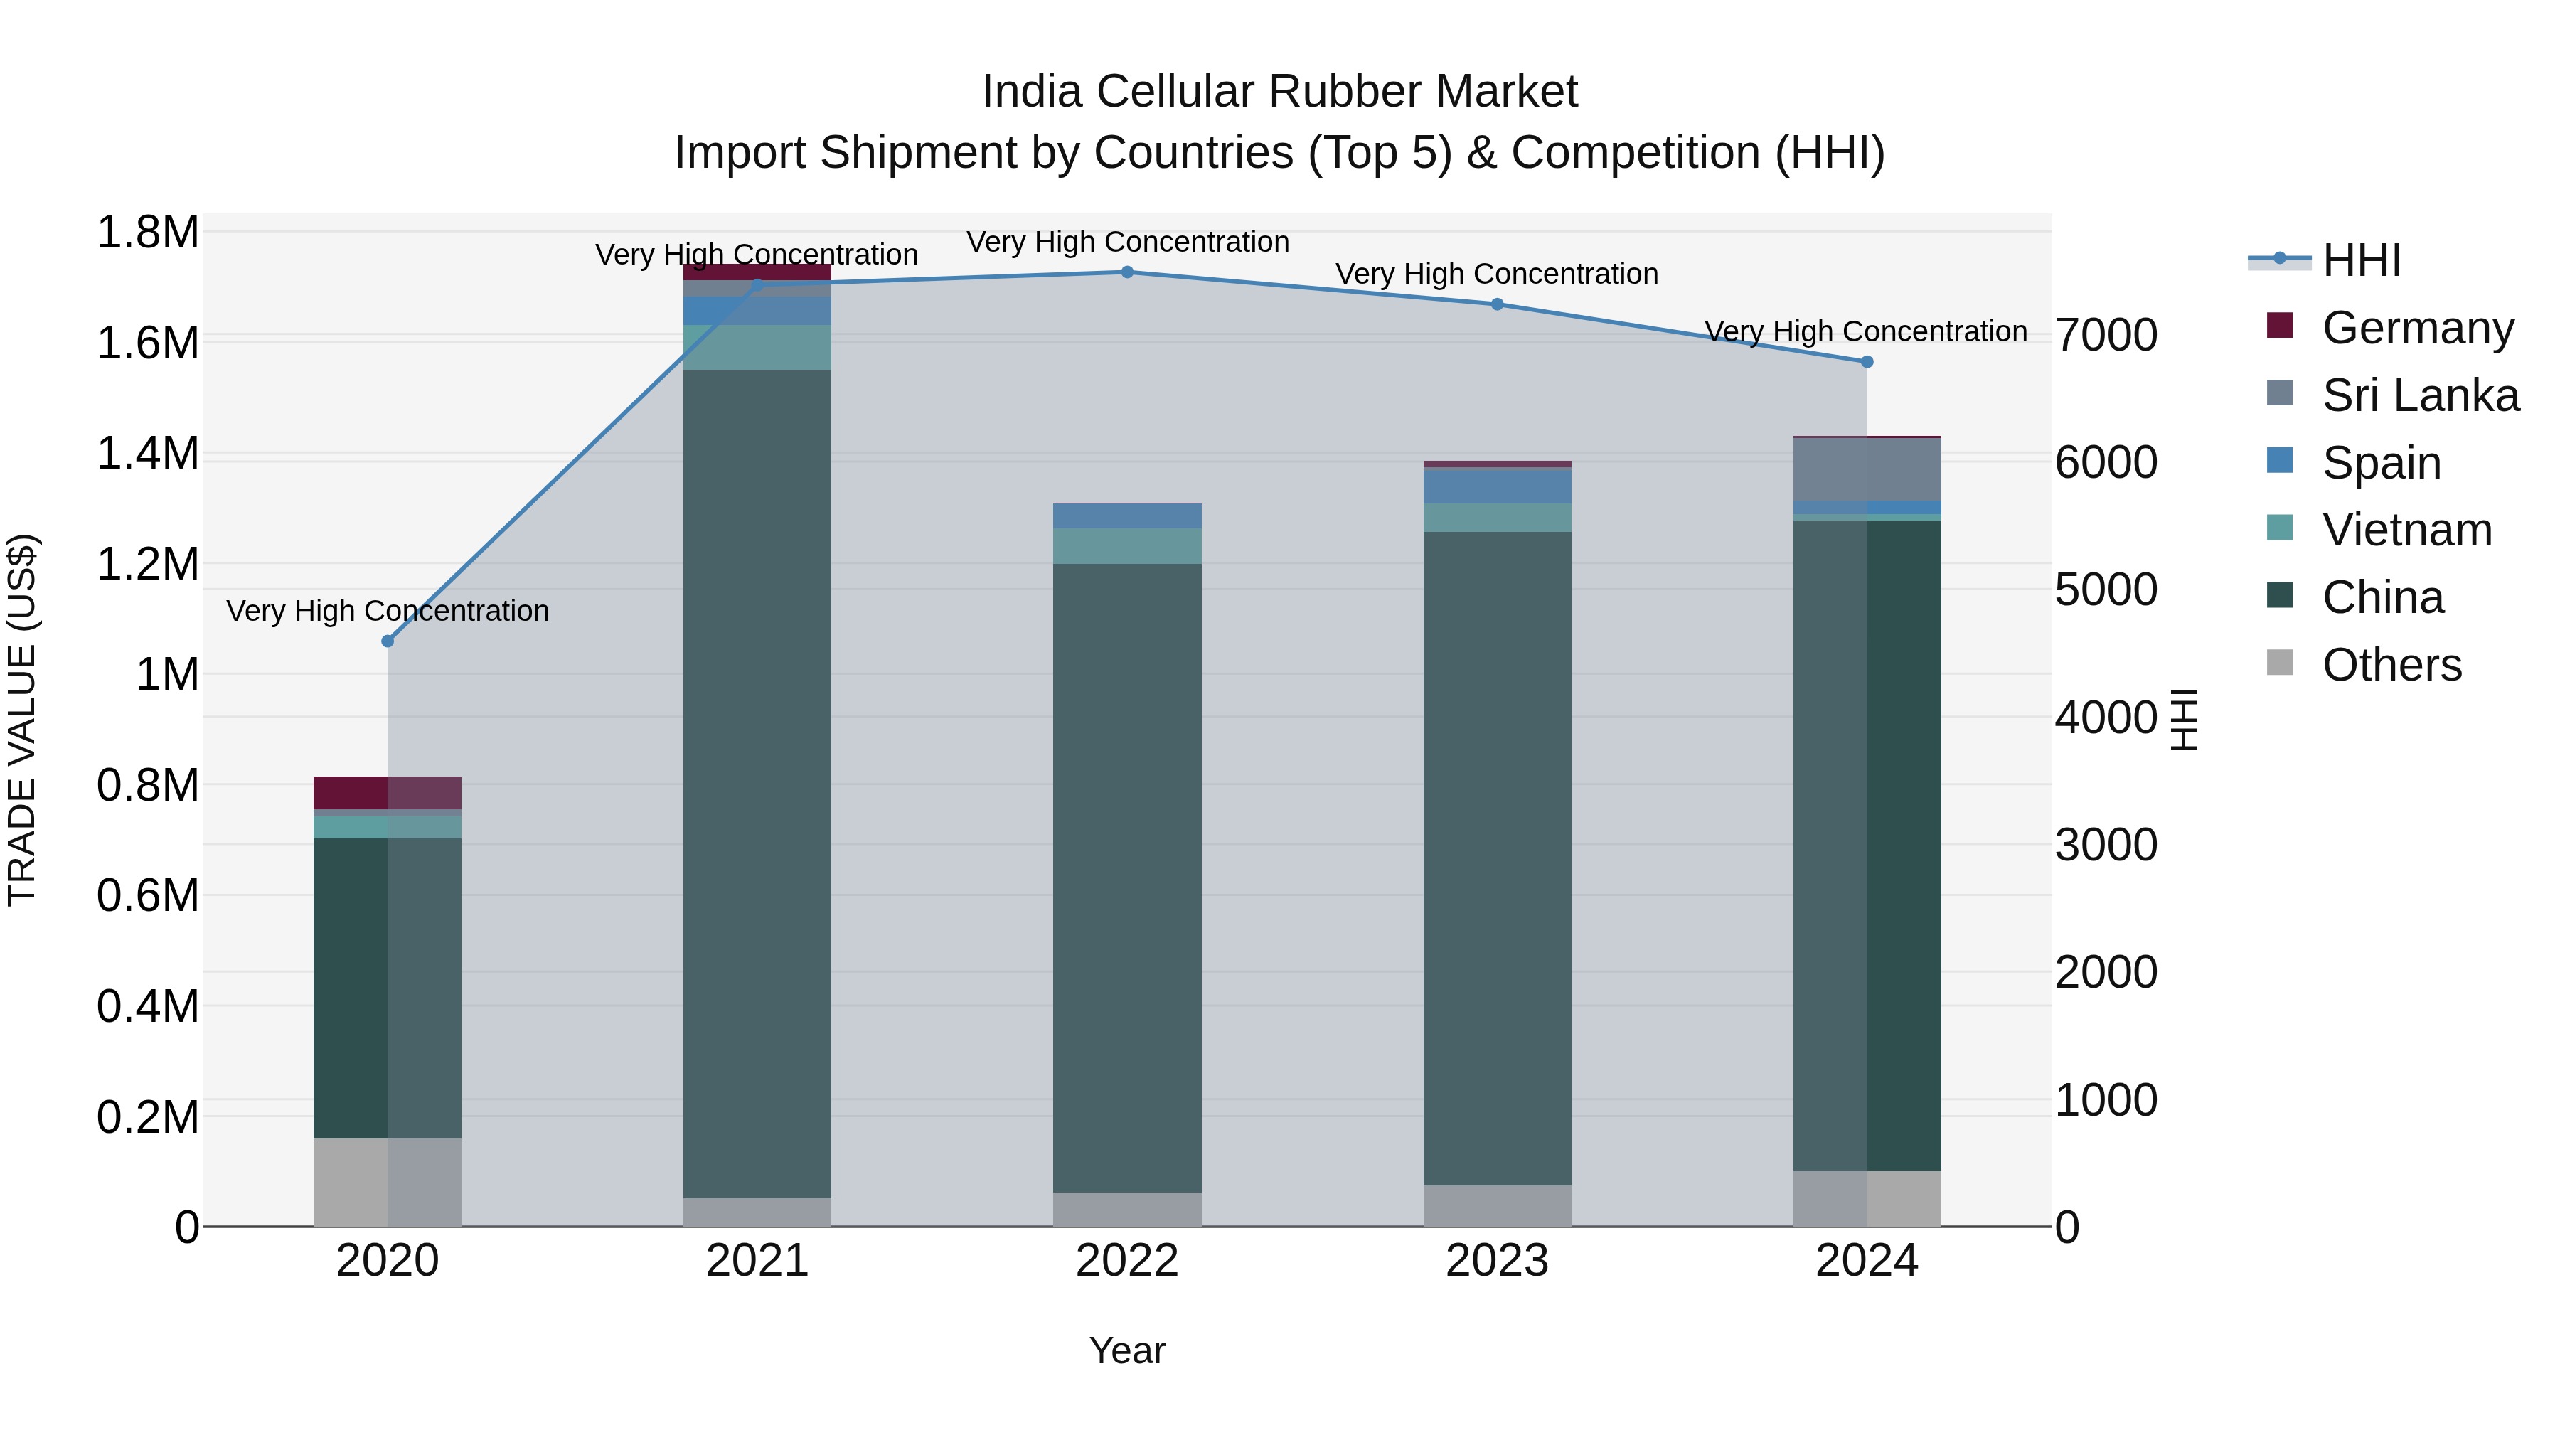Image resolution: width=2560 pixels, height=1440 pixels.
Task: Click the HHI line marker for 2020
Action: pos(388,641)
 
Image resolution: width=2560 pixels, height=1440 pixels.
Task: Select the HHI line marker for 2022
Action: pos(1127,272)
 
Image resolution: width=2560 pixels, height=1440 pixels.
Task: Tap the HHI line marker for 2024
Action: pos(1867,362)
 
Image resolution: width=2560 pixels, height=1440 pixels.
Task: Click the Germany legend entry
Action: pos(2417,328)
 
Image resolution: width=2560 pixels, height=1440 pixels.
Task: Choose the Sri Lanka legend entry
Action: pos(2420,395)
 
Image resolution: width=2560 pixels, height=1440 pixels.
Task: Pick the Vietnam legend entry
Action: pos(2406,530)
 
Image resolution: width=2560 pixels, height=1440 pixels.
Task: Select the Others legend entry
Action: pos(2391,665)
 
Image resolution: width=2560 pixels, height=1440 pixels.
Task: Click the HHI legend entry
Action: pos(2361,260)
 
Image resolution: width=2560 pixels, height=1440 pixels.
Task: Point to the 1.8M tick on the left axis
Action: pos(147,233)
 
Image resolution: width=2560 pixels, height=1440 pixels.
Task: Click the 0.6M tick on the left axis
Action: pos(147,895)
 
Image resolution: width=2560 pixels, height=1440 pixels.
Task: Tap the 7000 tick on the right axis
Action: pos(2106,335)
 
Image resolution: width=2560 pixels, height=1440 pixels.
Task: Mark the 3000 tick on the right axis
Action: pos(2106,845)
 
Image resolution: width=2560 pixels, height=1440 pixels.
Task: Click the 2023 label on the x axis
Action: pos(1497,1260)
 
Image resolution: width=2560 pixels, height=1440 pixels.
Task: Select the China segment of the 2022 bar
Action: pos(1127,875)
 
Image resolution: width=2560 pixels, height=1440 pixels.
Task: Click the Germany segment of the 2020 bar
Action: pos(388,792)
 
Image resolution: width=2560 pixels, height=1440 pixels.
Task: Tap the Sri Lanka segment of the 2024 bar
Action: pos(1867,469)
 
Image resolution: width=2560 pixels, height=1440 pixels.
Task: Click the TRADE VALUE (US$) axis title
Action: pos(22,720)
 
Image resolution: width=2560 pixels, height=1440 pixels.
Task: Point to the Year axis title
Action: pos(1127,1350)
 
